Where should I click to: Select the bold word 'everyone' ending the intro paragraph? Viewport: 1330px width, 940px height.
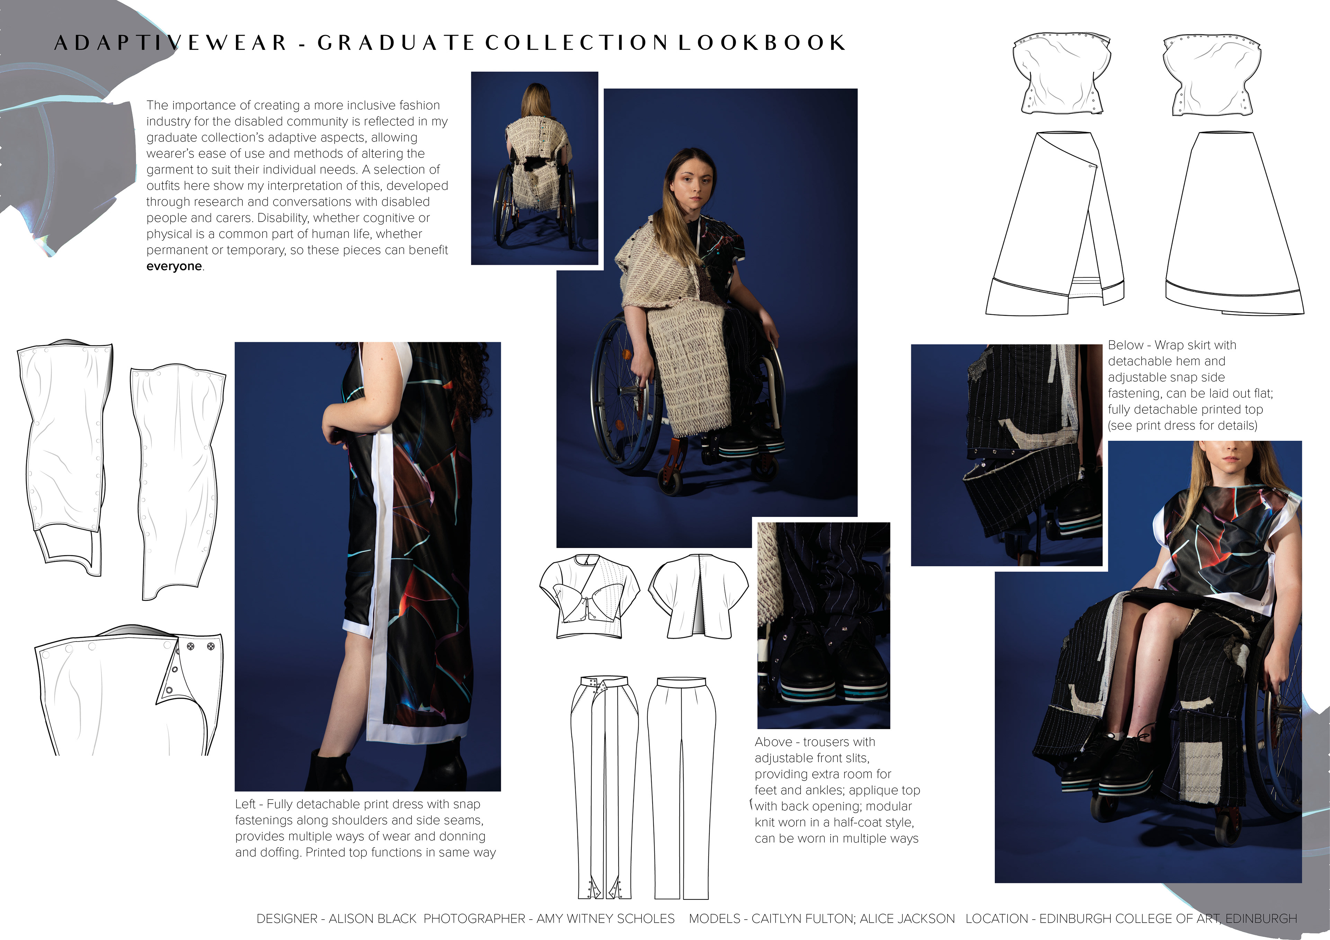(x=174, y=267)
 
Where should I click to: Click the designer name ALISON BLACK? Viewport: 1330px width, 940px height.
(x=372, y=919)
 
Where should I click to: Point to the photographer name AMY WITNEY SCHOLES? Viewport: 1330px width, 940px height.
(x=605, y=919)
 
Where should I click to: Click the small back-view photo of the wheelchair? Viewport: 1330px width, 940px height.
(x=534, y=168)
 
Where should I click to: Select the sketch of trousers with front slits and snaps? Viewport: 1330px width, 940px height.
(x=604, y=787)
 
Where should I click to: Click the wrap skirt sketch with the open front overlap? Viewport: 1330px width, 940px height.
(x=1054, y=223)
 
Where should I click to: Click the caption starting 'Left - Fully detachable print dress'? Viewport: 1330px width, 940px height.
(x=365, y=828)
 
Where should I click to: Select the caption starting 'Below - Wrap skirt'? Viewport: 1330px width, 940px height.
(x=1190, y=385)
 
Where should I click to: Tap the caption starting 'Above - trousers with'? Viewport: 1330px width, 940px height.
(x=837, y=790)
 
